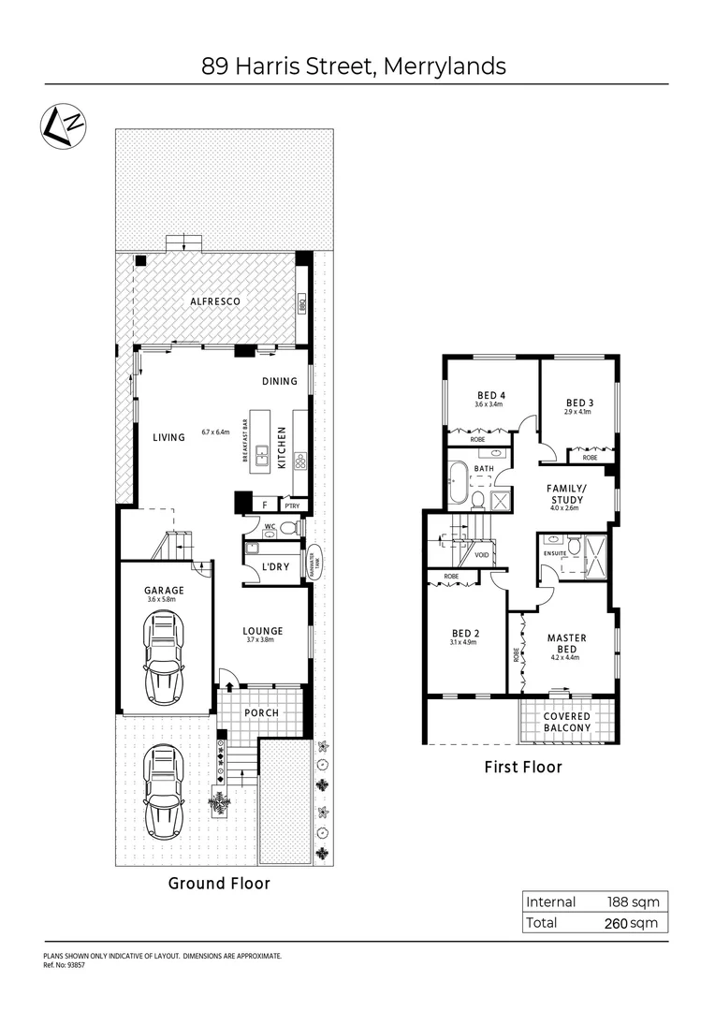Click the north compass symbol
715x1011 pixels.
65,125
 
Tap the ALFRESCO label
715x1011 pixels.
216,301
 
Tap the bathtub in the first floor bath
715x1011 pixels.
458,485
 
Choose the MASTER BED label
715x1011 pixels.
567,644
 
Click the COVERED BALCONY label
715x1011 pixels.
567,722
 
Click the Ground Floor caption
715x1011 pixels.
219,883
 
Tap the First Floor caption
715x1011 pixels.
522,767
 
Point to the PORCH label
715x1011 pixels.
261,712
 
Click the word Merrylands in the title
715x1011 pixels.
446,66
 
